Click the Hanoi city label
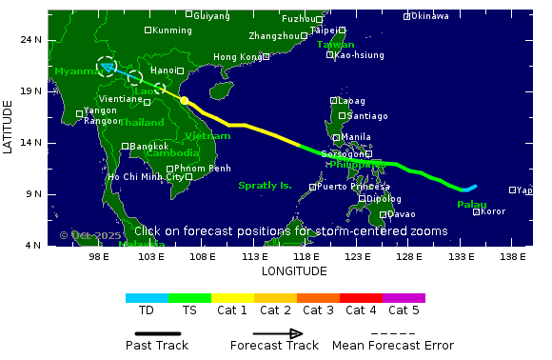163,70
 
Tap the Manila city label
355,137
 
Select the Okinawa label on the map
429,16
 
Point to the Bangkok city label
150,147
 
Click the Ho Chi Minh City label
145,177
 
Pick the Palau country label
471,205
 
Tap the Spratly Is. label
265,186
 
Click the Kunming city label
172,30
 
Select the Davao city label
402,214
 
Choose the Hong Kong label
237,57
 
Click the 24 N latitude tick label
30,39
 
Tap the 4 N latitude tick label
33,246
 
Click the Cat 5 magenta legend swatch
404,298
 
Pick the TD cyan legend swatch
147,298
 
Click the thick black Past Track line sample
157,333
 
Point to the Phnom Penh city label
202,169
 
